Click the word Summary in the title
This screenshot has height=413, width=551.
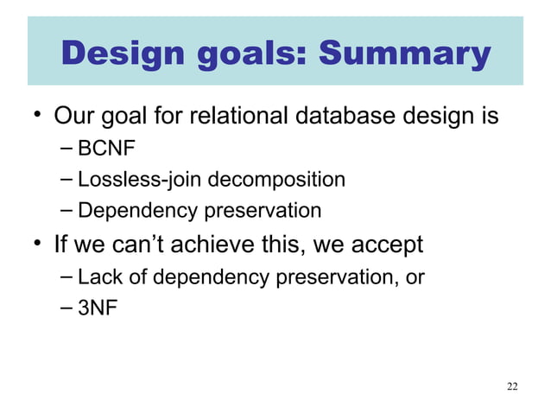click(x=405, y=55)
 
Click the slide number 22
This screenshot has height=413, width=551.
click(x=512, y=385)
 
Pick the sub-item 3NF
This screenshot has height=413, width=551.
click(x=97, y=306)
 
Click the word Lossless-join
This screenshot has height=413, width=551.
click(x=130, y=180)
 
